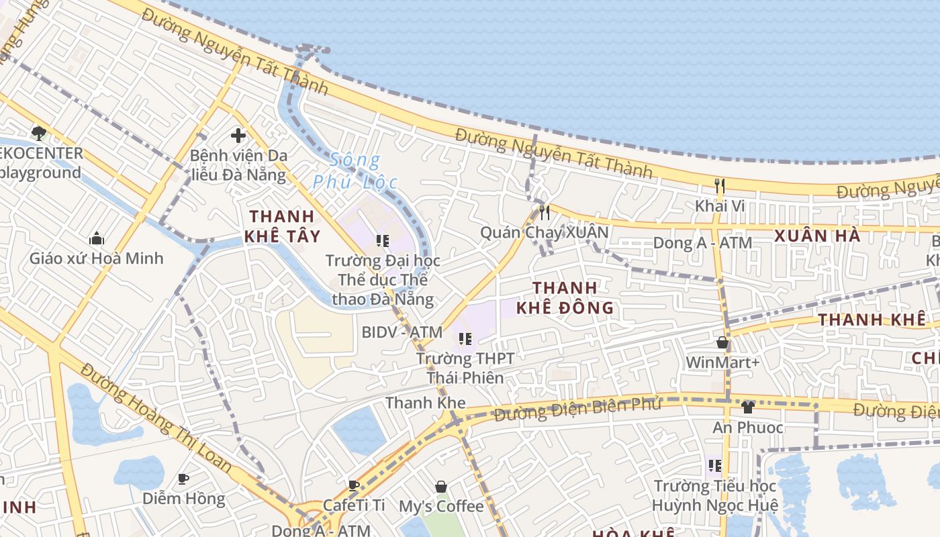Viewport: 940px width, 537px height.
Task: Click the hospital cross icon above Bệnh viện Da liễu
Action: pos(238,136)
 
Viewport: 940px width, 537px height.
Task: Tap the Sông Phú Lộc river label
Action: pos(355,171)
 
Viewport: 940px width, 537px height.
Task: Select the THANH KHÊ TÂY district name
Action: pos(282,226)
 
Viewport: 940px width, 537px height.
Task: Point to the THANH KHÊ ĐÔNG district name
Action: pos(565,298)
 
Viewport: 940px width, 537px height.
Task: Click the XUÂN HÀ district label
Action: pos(817,236)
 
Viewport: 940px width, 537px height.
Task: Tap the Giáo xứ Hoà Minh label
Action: pos(96,258)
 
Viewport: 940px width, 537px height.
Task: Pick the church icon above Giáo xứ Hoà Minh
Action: pos(97,238)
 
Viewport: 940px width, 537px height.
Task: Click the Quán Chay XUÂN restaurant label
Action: pos(544,232)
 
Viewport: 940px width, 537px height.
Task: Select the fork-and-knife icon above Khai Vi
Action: pos(720,186)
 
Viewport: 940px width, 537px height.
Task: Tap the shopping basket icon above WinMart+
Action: pos(722,343)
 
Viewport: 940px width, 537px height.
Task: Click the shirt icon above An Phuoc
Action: pos(747,407)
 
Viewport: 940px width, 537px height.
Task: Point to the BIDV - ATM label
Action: pos(402,332)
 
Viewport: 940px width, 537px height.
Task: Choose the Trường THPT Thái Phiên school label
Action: pos(465,368)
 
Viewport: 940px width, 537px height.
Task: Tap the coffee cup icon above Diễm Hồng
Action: pos(183,479)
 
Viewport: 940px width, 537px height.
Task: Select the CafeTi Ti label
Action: pos(354,505)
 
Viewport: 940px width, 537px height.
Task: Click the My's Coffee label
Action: pos(441,505)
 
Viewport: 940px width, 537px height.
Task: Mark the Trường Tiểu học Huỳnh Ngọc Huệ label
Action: pos(715,495)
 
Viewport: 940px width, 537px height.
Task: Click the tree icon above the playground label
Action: pos(38,133)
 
